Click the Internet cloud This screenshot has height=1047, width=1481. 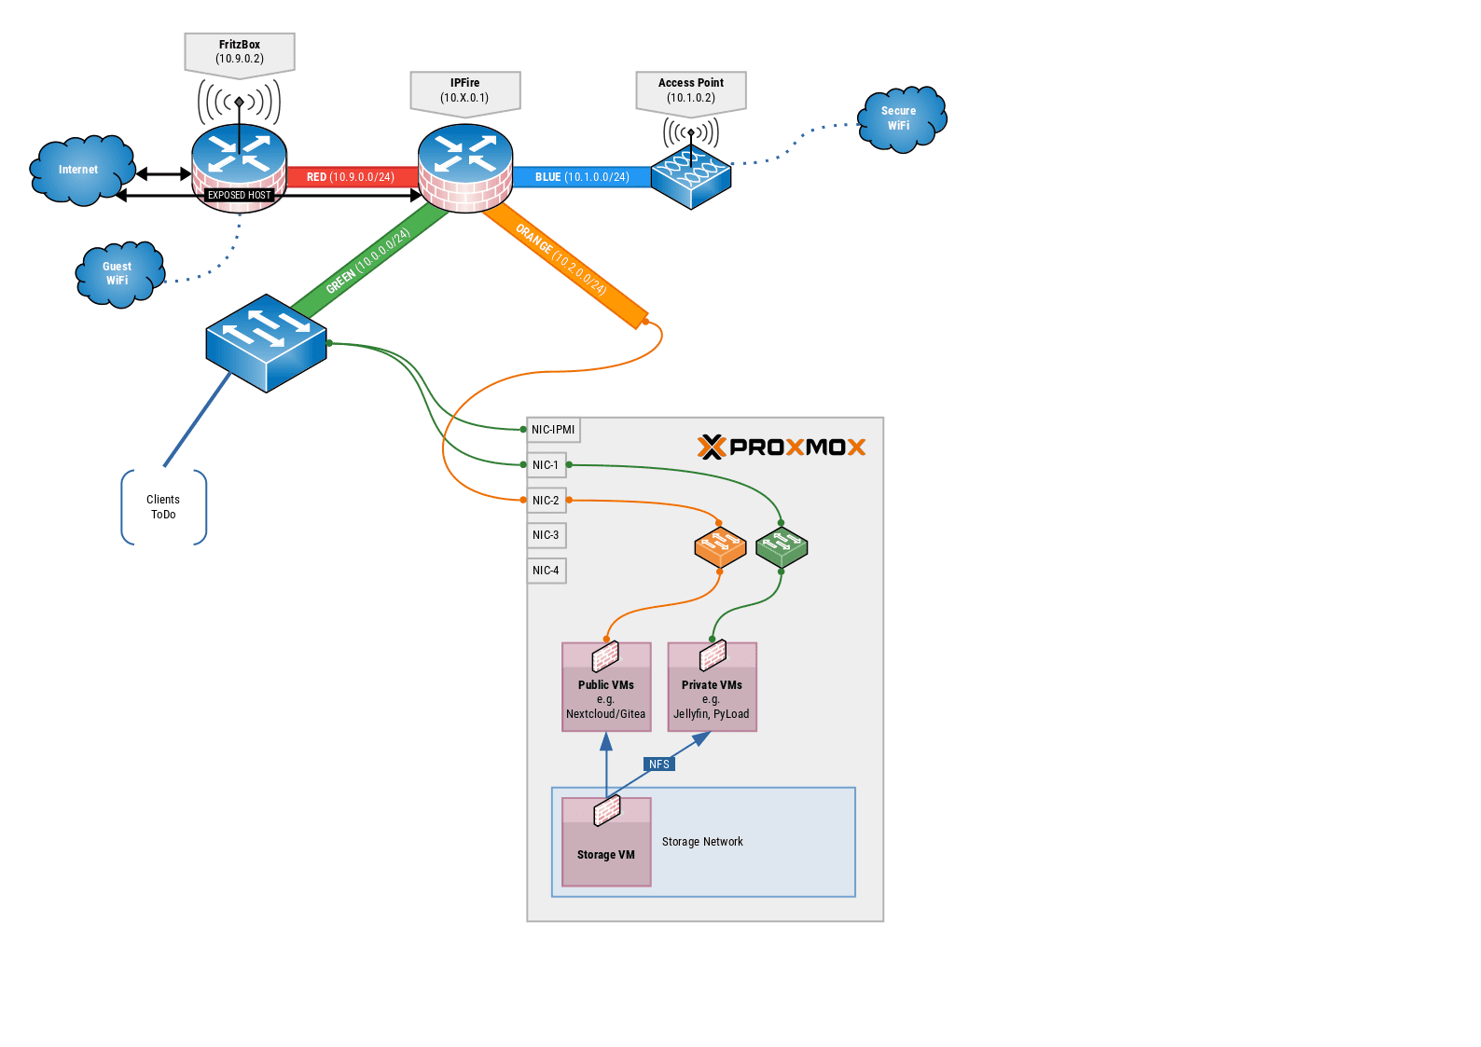pos(80,170)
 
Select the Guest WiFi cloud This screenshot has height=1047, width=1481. pos(118,273)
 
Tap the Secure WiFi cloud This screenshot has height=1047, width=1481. pos(900,118)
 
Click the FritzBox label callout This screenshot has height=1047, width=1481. pos(240,52)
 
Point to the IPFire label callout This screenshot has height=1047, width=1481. pos(465,90)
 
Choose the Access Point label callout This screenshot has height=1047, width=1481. pos(691,90)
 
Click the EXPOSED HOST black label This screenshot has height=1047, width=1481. pos(240,196)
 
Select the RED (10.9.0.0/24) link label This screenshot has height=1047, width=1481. pos(351,177)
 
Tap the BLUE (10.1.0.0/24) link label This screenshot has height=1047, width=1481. pos(582,177)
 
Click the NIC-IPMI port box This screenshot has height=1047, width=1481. pos(554,430)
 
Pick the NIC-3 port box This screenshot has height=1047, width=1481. pos(547,535)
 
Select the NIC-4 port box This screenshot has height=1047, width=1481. pos(547,571)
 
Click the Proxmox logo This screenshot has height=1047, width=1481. pos(782,448)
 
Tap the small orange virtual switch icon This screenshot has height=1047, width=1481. pos(720,547)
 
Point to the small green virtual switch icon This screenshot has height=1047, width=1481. pos(782,547)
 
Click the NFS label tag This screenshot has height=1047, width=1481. pos(659,765)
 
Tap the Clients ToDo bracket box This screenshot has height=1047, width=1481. pos(163,507)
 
